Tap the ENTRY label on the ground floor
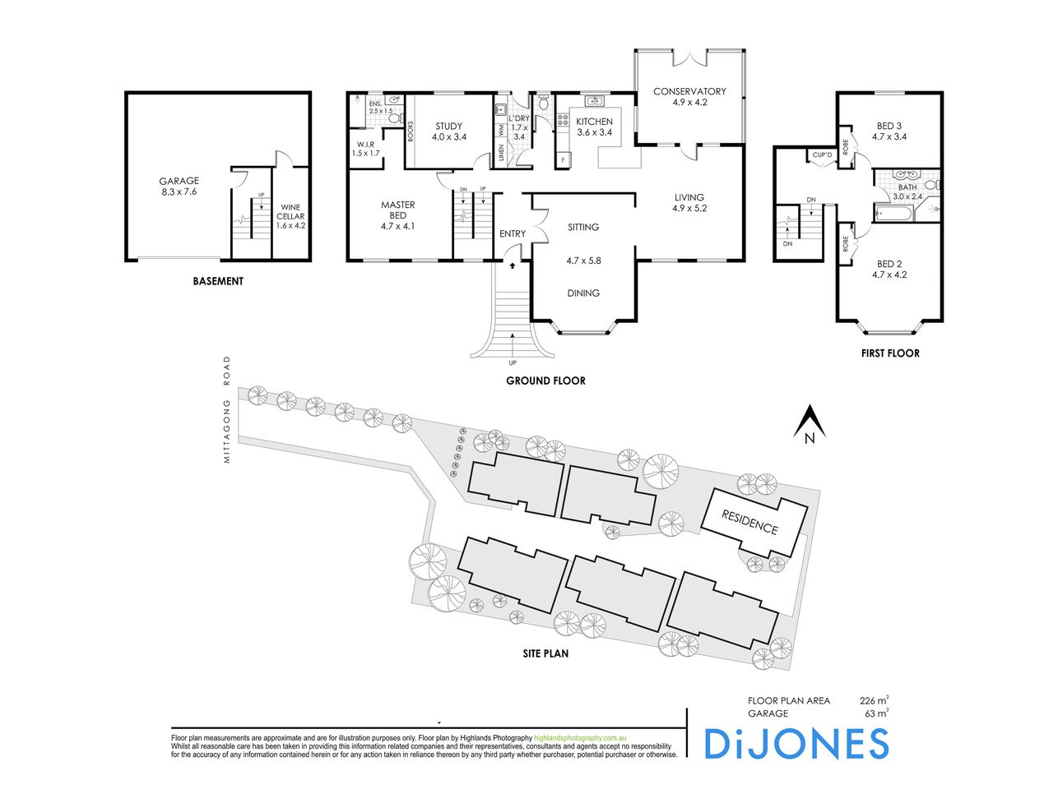click(513, 234)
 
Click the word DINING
click(583, 293)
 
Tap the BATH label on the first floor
click(907, 187)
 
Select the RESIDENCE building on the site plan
click(751, 523)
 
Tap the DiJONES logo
click(796, 744)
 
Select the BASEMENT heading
click(218, 281)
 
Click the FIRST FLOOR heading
click(889, 353)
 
